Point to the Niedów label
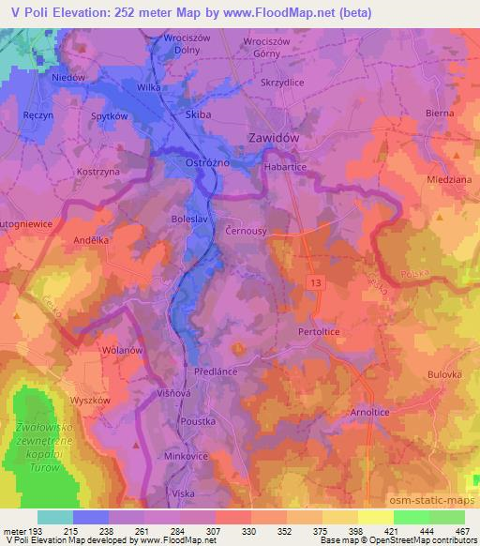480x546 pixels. [68, 78]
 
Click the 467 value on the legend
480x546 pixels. [460, 533]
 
